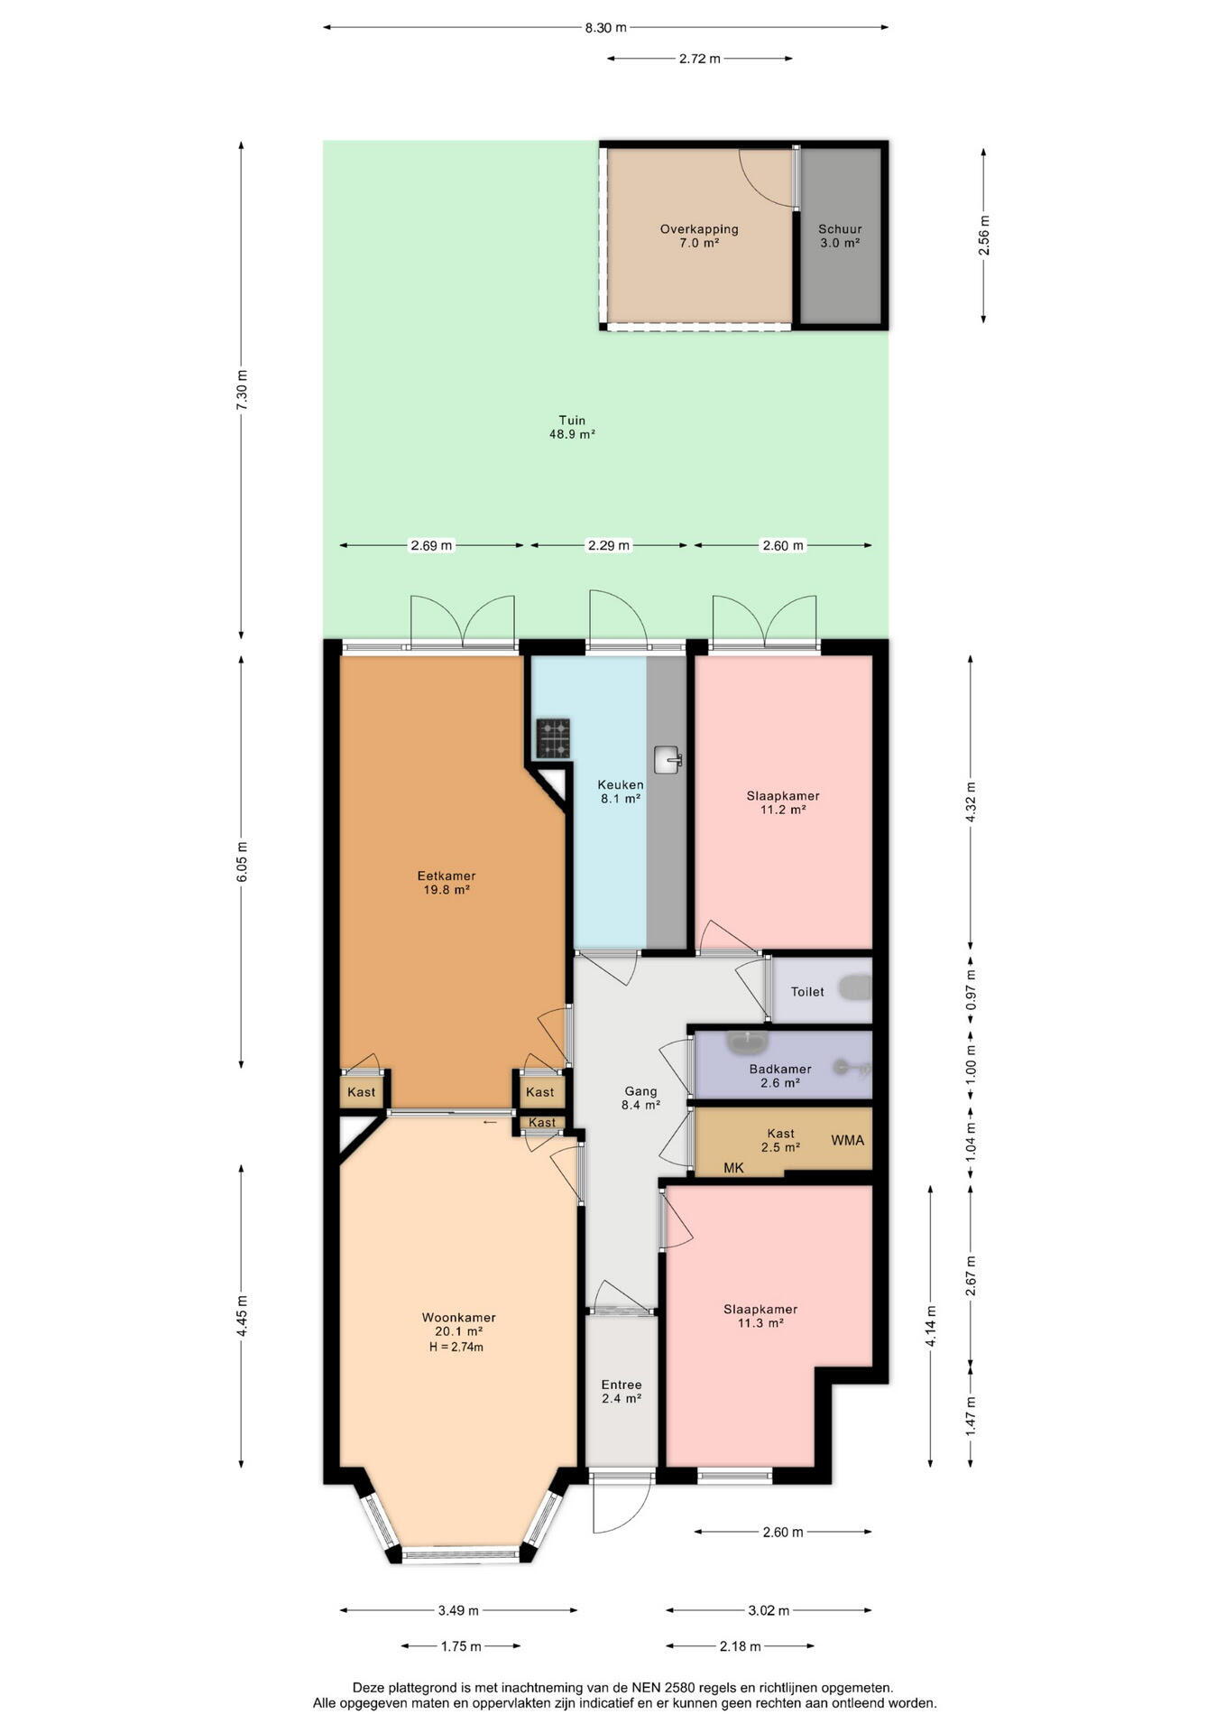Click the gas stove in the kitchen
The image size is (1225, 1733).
(x=553, y=737)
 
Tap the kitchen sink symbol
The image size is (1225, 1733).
(x=668, y=759)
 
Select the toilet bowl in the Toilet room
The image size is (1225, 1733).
(x=855, y=988)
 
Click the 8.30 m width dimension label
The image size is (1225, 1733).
(x=605, y=28)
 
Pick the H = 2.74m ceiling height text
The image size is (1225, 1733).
(x=456, y=1347)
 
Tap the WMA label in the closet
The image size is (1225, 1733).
(x=847, y=1140)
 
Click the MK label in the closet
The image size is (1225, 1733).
(x=733, y=1168)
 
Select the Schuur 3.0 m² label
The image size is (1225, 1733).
(x=840, y=236)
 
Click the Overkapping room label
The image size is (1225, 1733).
(x=699, y=229)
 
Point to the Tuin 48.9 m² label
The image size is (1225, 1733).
(x=572, y=427)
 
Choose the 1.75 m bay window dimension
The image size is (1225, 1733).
(x=461, y=1645)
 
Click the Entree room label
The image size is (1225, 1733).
(x=622, y=1385)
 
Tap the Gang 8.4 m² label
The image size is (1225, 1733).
(x=640, y=1098)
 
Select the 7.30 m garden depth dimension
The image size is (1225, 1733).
(x=241, y=391)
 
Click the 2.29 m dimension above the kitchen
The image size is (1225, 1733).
(x=609, y=545)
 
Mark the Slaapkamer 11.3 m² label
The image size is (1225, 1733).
(x=760, y=1316)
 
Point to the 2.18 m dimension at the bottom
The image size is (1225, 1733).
(x=741, y=1645)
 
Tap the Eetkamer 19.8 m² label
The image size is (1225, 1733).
(x=447, y=882)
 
